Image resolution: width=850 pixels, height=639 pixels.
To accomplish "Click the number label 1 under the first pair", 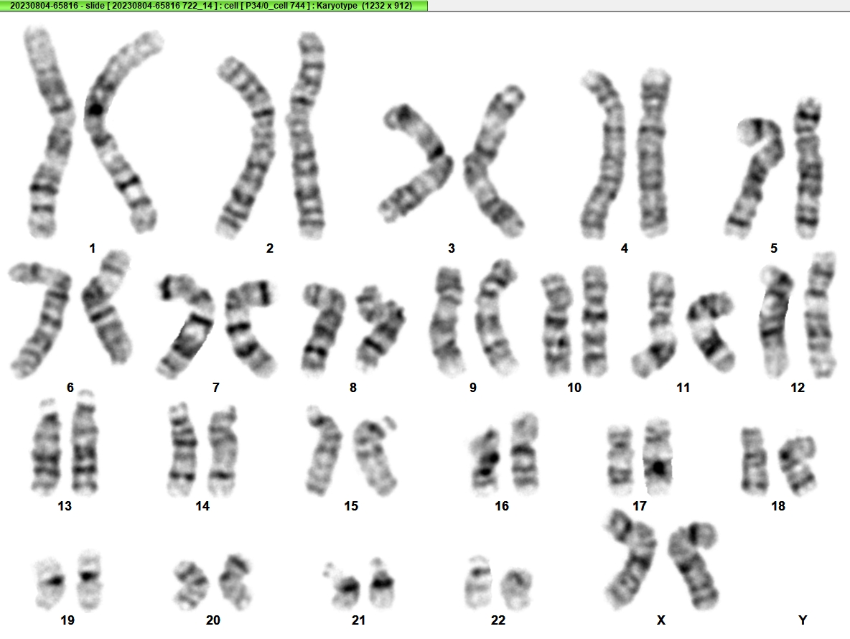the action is tap(92, 248).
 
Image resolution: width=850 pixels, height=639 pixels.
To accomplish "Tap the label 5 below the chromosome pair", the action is tap(774, 248).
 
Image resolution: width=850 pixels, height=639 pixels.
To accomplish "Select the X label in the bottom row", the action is tap(660, 620).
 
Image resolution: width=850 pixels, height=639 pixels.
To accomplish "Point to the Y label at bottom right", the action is tap(803, 620).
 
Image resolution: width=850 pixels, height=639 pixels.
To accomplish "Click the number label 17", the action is tap(640, 505).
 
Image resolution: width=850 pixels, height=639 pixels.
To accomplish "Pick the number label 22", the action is tap(498, 620).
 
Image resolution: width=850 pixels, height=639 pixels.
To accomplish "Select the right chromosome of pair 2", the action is tap(307, 136).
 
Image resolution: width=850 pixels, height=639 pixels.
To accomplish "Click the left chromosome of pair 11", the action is tap(657, 325).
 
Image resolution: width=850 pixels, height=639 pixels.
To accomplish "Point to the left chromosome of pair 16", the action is tap(485, 461).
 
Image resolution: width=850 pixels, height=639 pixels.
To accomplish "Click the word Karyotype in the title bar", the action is tap(337, 6).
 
